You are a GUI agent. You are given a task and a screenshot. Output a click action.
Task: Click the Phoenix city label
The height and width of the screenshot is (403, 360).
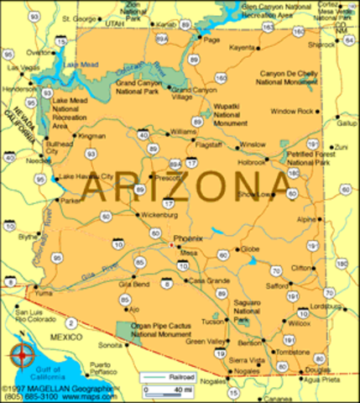coord(188,238)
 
